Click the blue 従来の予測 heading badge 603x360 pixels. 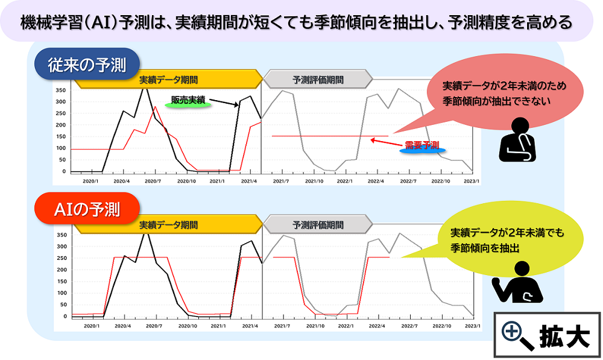tap(87, 65)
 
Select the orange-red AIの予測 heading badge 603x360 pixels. tap(87, 210)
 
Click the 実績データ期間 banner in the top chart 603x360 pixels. tap(168, 80)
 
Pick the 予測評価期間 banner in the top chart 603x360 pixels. tap(318, 80)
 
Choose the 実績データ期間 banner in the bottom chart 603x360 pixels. tap(168, 224)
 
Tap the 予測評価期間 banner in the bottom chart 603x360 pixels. tap(318, 224)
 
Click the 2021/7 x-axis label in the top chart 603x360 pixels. tap(281, 180)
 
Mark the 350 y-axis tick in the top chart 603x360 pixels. tap(60, 90)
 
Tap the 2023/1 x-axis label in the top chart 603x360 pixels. tap(472, 180)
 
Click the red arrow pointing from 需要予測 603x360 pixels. tap(382, 142)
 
